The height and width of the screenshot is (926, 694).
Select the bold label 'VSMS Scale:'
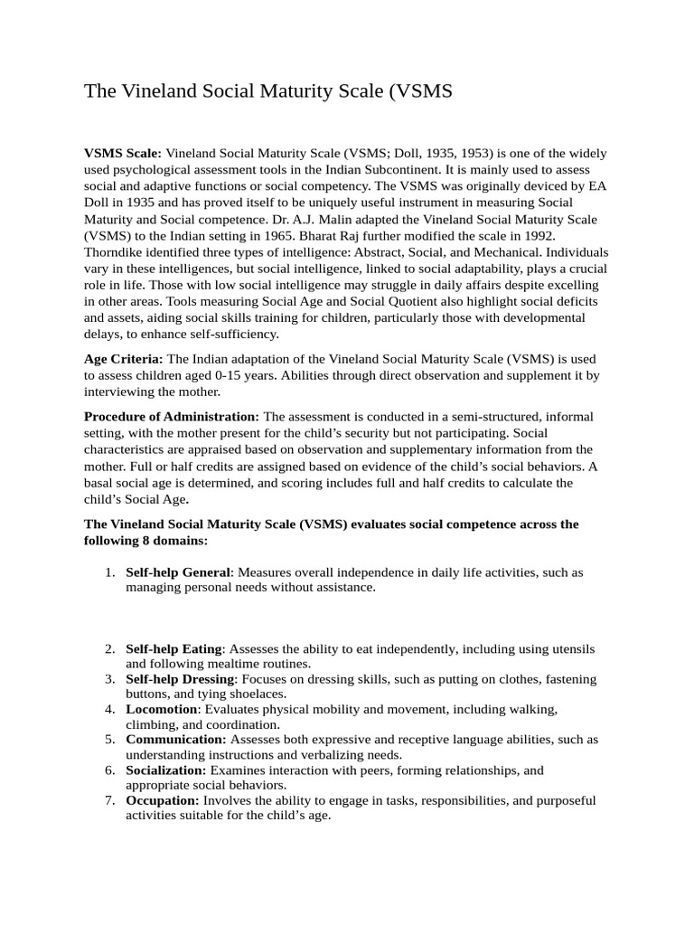[x=123, y=153]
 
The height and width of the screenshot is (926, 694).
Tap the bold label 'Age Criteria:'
[x=124, y=359]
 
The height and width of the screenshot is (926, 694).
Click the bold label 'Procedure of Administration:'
[x=172, y=416]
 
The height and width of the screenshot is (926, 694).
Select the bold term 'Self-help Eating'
[x=173, y=649]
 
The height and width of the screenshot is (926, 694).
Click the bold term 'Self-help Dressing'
[x=180, y=679]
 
